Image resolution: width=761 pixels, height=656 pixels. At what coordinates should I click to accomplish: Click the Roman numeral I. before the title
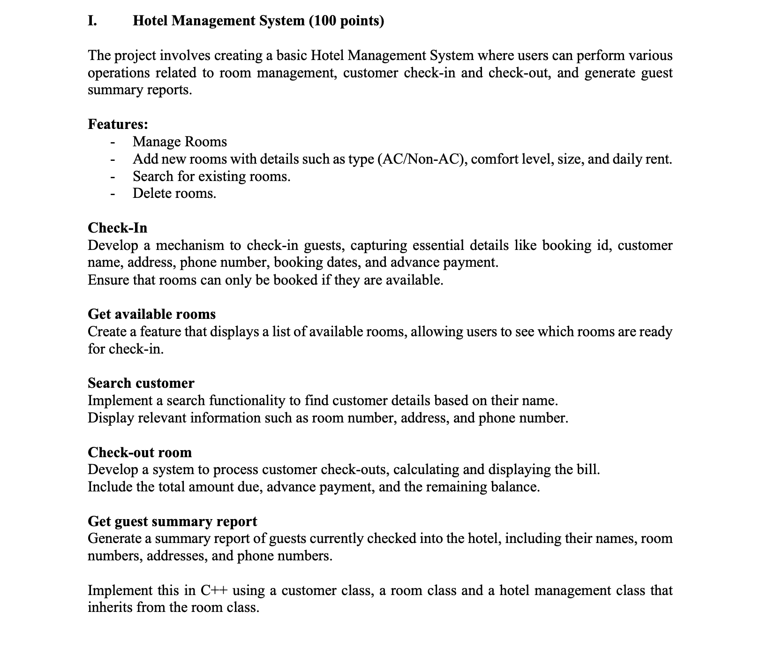(x=92, y=21)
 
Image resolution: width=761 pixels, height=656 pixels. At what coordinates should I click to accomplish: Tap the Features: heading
(x=118, y=124)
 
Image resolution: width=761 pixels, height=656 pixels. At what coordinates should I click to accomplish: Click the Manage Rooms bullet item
(x=180, y=142)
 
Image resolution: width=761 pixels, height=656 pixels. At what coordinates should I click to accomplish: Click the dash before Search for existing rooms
(x=113, y=177)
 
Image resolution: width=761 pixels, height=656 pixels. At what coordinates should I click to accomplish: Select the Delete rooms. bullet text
(x=174, y=193)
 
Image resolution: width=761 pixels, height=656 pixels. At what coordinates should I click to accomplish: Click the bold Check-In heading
(x=118, y=228)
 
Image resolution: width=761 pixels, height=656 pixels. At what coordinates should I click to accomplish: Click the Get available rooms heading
(x=152, y=314)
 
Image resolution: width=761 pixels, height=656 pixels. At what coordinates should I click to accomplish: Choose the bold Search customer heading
(x=141, y=383)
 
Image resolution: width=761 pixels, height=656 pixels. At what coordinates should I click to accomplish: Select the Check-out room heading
(x=140, y=452)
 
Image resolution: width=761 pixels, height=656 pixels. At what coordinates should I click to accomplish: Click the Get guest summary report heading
(x=173, y=521)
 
